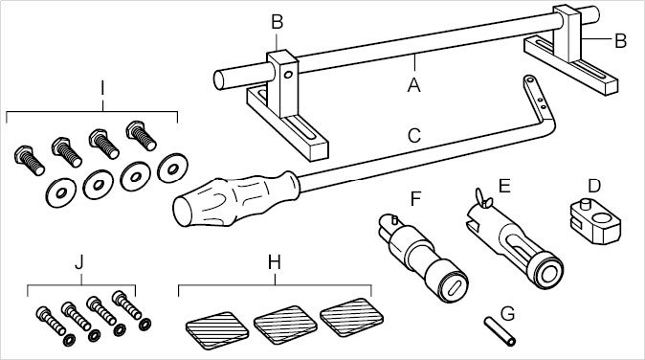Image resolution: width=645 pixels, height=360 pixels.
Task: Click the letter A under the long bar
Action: click(x=414, y=85)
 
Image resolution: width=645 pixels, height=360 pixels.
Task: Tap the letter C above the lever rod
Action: click(x=414, y=136)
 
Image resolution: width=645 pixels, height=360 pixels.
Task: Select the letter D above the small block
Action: click(x=594, y=186)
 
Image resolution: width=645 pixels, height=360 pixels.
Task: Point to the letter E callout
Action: click(x=504, y=186)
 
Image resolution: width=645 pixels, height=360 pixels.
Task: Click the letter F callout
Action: click(x=416, y=198)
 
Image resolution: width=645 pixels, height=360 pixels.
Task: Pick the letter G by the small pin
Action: click(x=508, y=313)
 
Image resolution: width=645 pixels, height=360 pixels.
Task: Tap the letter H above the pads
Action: click(x=275, y=261)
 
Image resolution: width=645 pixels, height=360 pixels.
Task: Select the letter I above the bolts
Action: click(x=102, y=88)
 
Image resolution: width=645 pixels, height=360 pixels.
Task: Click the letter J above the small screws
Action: click(x=79, y=262)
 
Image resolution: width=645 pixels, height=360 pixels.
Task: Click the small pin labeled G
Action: click(x=500, y=331)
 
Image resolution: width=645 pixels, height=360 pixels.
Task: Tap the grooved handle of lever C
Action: click(x=235, y=199)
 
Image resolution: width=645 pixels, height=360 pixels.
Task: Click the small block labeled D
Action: click(x=595, y=221)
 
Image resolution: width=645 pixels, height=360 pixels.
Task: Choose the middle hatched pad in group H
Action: click(x=285, y=325)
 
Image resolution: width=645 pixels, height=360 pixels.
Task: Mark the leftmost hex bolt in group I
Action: click(x=29, y=160)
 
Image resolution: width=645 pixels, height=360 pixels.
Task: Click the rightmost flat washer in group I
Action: click(x=173, y=168)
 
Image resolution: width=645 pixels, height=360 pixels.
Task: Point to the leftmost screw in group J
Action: click(x=51, y=321)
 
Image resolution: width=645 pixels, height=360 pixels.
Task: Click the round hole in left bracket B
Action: click(x=288, y=75)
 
